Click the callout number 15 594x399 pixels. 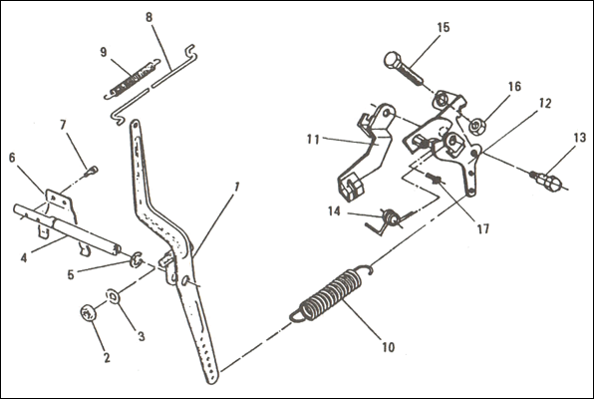pyautogui.click(x=443, y=27)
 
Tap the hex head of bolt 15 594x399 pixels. pyautogui.click(x=393, y=60)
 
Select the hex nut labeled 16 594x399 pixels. pyautogui.click(x=476, y=126)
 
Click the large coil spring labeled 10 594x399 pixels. pyautogui.click(x=332, y=293)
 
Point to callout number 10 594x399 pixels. pyautogui.click(x=389, y=347)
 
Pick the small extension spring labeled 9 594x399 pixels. pyautogui.click(x=133, y=79)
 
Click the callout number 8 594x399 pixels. pyautogui.click(x=148, y=17)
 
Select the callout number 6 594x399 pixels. pyautogui.click(x=12, y=158)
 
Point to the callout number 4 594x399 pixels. pyautogui.click(x=24, y=258)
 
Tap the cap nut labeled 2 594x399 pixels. pyautogui.click(x=88, y=314)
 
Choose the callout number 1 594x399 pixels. pyautogui.click(x=237, y=188)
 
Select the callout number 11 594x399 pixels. pyautogui.click(x=313, y=140)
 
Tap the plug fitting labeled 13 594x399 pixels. pyautogui.click(x=546, y=181)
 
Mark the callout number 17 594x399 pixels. pyautogui.click(x=482, y=228)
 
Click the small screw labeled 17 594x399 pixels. pyautogui.click(x=434, y=178)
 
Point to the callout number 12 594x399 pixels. pyautogui.click(x=545, y=103)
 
